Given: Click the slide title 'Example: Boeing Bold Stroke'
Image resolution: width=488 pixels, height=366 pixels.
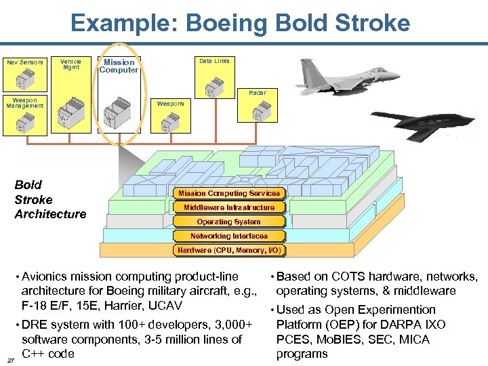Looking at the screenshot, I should coord(241,23).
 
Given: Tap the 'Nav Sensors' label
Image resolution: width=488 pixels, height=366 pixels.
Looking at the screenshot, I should coord(25,62).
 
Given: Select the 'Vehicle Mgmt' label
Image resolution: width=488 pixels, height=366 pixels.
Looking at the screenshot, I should coord(70,64).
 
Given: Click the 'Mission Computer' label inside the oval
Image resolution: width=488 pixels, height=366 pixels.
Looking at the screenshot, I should coord(119,66).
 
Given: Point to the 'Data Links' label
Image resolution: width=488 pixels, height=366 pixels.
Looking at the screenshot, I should coord(214,61).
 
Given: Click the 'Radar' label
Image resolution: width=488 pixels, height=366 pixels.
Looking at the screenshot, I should coord(258,92).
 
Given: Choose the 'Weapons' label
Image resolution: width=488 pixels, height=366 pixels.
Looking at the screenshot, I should coord(170,104).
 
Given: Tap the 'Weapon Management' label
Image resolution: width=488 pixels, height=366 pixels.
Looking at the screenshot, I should coord(25,103).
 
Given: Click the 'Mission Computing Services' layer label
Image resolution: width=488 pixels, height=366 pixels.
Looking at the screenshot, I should coord(228,193).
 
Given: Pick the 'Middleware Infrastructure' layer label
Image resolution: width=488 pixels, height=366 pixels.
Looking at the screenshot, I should coord(229,207).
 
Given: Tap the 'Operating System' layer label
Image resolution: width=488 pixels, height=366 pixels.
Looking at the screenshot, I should coord(228,222).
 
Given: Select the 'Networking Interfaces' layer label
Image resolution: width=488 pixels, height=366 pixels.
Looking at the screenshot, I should coord(229,236).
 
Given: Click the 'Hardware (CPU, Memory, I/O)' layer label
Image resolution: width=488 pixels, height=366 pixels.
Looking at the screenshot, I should coord(229,250).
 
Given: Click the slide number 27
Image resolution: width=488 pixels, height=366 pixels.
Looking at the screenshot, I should coord(9,360).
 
